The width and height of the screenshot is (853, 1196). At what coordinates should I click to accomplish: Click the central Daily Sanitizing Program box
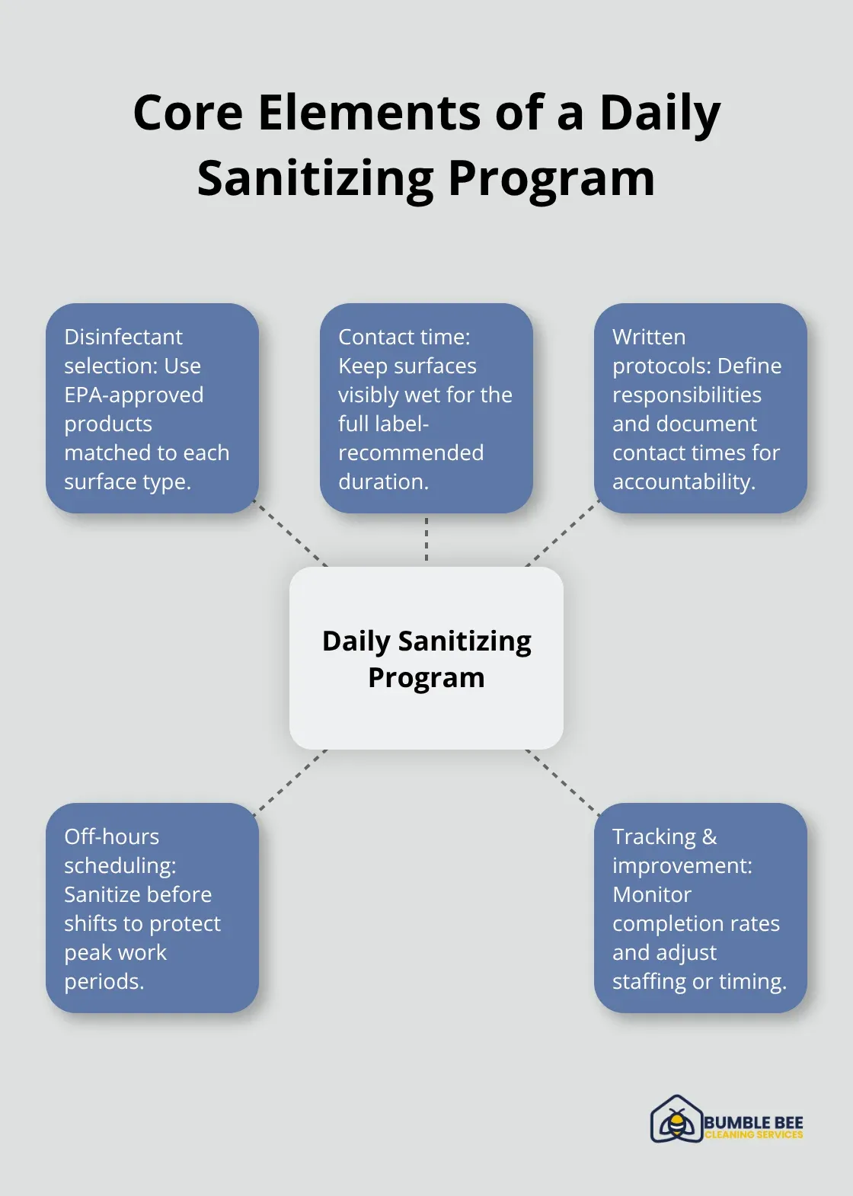[x=426, y=658]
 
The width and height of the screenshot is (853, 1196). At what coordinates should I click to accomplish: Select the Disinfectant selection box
[x=152, y=408]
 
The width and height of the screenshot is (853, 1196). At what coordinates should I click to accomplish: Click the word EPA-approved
[x=134, y=395]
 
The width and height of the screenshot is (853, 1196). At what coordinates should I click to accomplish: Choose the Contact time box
[x=426, y=408]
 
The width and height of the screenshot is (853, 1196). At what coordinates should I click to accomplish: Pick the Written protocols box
[x=701, y=408]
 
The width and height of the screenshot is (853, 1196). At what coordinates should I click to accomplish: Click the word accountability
[x=684, y=481]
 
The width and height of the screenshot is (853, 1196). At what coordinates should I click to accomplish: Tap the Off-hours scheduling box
[x=152, y=908]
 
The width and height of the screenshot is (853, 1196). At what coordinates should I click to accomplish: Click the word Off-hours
[x=112, y=836]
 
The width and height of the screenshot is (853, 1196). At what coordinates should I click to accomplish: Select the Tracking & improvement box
[x=701, y=908]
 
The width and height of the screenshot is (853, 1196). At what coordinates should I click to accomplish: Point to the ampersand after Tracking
[x=709, y=836]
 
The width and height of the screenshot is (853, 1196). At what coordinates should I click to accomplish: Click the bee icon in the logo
[x=676, y=1120]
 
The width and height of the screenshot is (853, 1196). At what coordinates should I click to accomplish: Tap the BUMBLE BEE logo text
[x=753, y=1122]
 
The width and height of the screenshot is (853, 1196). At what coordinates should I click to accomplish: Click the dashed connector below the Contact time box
[x=426, y=539]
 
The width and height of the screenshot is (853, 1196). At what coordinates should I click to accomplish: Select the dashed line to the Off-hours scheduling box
[x=290, y=782]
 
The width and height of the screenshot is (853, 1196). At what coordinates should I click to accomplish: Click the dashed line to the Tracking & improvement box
[x=563, y=782]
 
